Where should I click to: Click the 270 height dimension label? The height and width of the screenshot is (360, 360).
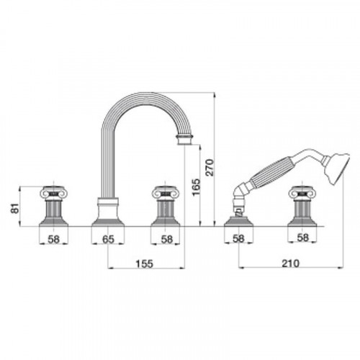click(210, 167)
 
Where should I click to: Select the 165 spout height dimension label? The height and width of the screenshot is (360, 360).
click(196, 187)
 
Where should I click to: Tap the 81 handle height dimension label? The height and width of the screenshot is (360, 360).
click(15, 208)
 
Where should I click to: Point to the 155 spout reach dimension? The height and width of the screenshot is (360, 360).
click(144, 264)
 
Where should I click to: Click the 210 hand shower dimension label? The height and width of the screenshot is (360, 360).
click(291, 264)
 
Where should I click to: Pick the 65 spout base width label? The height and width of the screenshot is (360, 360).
click(108, 239)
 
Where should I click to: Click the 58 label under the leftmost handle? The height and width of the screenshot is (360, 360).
click(54, 239)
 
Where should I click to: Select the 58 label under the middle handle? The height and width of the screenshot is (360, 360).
click(167, 239)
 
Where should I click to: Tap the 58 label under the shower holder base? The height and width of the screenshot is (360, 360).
click(238, 238)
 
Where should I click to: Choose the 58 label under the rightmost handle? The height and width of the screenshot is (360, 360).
click(302, 238)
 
